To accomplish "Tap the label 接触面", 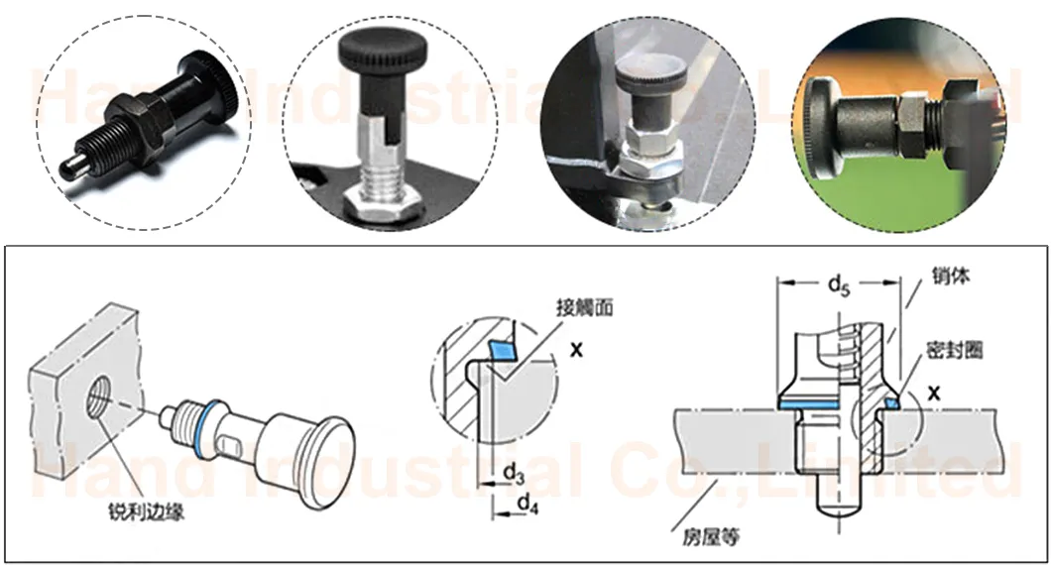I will click(587, 307).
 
